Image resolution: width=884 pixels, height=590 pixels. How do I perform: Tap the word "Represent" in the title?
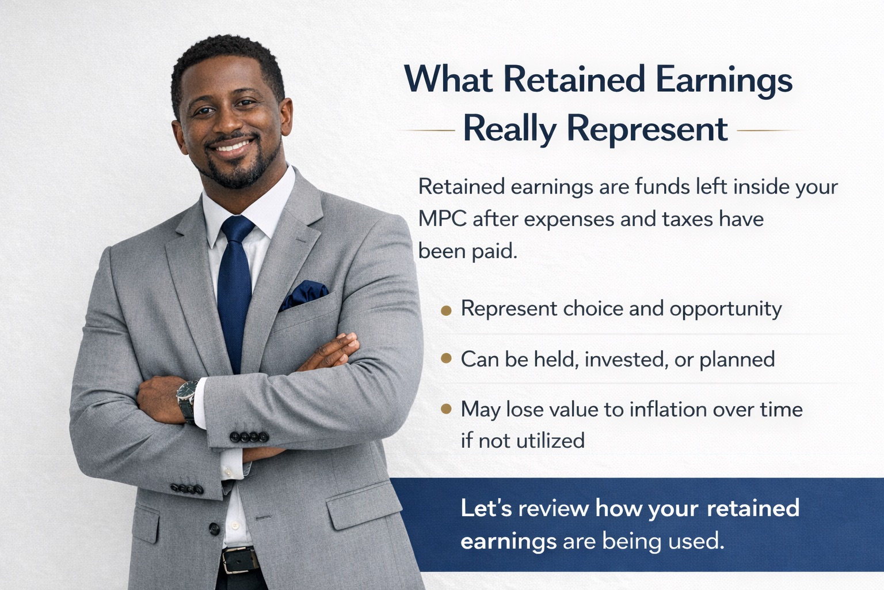pyautogui.click(x=647, y=130)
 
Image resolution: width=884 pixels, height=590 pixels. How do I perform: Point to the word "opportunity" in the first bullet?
pyautogui.click(x=725, y=309)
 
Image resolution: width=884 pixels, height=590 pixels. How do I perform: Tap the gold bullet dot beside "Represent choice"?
pyautogui.click(x=446, y=311)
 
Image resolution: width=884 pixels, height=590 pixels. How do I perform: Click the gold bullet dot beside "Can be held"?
pyautogui.click(x=446, y=359)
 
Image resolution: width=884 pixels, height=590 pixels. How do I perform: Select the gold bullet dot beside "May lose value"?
pyautogui.click(x=446, y=409)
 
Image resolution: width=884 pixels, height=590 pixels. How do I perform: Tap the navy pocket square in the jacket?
pyautogui.click(x=304, y=295)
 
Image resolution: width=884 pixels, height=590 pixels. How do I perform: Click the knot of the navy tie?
pyautogui.click(x=238, y=229)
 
